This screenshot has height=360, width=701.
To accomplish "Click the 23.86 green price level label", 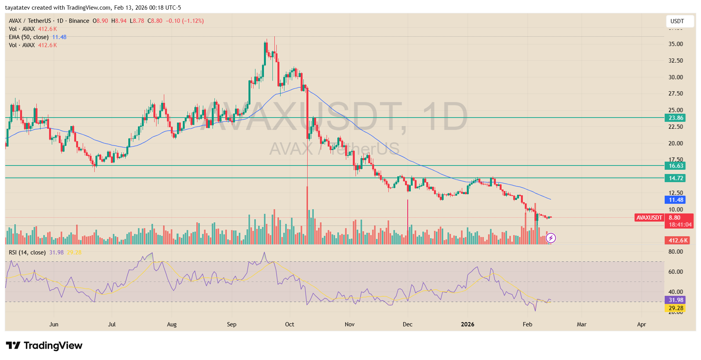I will pos(675,118).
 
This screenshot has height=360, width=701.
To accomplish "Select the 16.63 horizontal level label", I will pos(675,166).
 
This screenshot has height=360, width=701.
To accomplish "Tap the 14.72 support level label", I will pos(675,178).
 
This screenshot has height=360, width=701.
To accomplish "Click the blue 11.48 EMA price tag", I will pos(675,200).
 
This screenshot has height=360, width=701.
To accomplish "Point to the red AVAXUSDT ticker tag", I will pos(649,218).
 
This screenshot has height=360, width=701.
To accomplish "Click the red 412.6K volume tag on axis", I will pos(678,241).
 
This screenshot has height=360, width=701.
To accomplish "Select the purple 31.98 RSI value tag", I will pos(675,300).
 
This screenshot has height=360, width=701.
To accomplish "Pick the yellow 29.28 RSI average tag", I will pos(675,308).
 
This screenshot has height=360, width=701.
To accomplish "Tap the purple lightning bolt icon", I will pos(551,238).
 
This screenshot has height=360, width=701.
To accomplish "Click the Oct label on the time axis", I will pos(289,324).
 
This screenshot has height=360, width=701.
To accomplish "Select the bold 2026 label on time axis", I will pos(467,324).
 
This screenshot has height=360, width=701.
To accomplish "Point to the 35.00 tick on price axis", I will pos(675,44).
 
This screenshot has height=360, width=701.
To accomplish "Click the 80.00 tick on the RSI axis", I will pos(675,252).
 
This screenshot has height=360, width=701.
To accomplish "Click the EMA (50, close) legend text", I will pos(29,37).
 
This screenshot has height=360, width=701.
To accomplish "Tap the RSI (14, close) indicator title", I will pos(27,253).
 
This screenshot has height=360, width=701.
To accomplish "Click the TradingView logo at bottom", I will pos(44,345).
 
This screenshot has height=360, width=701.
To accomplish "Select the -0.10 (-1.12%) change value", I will pos(185,21).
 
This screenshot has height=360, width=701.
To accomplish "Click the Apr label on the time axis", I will pos(641,324).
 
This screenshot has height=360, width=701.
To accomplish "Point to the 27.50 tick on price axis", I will pos(675,94).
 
